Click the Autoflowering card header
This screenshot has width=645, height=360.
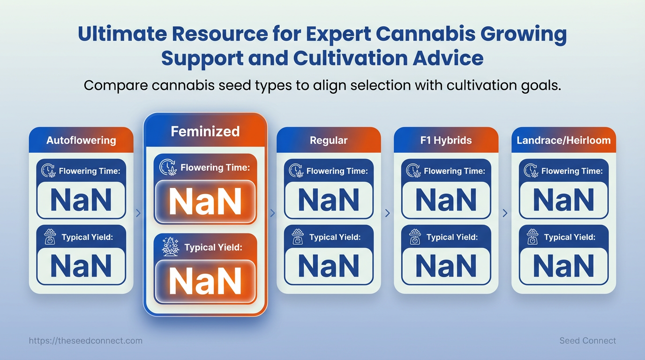[x=81, y=140]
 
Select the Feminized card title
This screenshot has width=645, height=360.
[x=205, y=131]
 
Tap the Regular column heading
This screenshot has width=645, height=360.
[x=329, y=140]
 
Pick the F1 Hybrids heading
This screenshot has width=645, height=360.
[x=446, y=140]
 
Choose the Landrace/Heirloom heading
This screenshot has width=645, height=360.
[x=563, y=140]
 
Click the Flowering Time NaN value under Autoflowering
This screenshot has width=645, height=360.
[x=81, y=200]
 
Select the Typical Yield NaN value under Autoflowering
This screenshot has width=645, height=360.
[x=81, y=266]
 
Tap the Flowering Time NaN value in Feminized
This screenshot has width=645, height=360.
[x=205, y=202]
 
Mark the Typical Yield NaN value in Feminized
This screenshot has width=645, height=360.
[x=205, y=281]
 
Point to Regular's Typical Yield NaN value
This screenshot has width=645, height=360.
[x=329, y=266]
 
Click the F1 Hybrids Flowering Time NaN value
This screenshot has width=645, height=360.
[x=446, y=200]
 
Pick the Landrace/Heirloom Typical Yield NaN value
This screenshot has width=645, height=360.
[x=563, y=266]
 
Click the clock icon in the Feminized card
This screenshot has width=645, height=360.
[x=168, y=167]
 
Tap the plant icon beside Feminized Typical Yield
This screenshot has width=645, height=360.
[x=171, y=247]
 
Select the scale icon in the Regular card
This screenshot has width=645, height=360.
[x=298, y=237]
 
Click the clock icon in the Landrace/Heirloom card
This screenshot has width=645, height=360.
[x=531, y=171]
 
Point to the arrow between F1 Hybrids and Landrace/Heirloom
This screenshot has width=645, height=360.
[x=505, y=213]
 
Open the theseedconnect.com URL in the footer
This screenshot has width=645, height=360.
[x=85, y=341]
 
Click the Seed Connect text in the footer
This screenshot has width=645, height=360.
[x=587, y=341]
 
